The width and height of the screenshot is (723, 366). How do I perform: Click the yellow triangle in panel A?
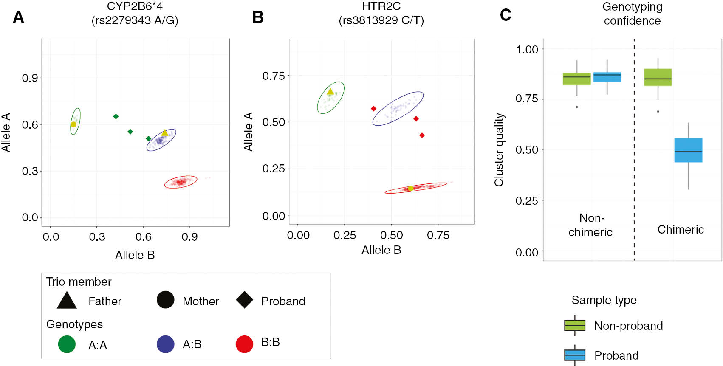164,133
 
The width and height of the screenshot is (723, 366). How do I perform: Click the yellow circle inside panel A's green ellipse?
73,124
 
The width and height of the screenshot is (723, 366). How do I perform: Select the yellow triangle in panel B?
330,91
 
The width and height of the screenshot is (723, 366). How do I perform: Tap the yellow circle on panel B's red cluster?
410,189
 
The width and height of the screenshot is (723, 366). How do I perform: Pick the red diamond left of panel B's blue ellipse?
373,109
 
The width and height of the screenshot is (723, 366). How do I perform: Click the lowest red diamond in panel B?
422,135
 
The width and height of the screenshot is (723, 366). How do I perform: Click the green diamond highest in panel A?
116,116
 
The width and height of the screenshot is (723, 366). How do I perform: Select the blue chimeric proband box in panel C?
688,150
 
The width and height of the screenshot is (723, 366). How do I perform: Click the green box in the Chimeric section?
658,77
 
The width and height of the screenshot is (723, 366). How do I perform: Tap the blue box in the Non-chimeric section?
607,77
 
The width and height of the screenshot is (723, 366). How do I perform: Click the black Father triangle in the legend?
67,300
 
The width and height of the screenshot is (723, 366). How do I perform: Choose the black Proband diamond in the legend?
245,300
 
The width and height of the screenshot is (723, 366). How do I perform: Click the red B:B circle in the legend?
244,344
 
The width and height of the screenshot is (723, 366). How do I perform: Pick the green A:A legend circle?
67,344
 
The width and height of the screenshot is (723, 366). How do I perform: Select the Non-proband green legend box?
575,325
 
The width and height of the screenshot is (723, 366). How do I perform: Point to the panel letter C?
506,15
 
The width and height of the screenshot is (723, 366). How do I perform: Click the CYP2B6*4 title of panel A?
135,6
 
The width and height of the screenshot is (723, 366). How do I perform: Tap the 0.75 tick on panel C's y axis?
527,99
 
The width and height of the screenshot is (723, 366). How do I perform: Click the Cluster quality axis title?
499,149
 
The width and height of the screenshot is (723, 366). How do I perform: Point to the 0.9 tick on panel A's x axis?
189,237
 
